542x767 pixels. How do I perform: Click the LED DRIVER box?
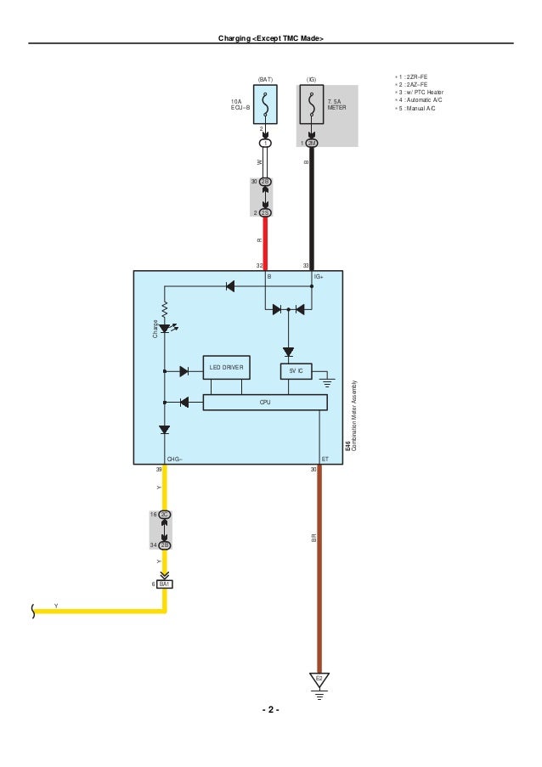[226, 368]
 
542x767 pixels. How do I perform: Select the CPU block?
[265, 402]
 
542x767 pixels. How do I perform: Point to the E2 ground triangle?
[319, 680]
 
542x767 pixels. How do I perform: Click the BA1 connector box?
[164, 584]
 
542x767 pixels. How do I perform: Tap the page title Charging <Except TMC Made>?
[270, 38]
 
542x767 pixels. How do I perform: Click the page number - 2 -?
[270, 710]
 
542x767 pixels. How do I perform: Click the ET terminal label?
[325, 459]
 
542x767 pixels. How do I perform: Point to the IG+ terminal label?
[319, 277]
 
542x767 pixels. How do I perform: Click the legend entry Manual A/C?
[421, 109]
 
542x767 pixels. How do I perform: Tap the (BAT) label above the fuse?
[265, 78]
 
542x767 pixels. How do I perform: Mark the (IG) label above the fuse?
[312, 78]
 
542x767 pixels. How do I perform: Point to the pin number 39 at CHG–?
[159, 470]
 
